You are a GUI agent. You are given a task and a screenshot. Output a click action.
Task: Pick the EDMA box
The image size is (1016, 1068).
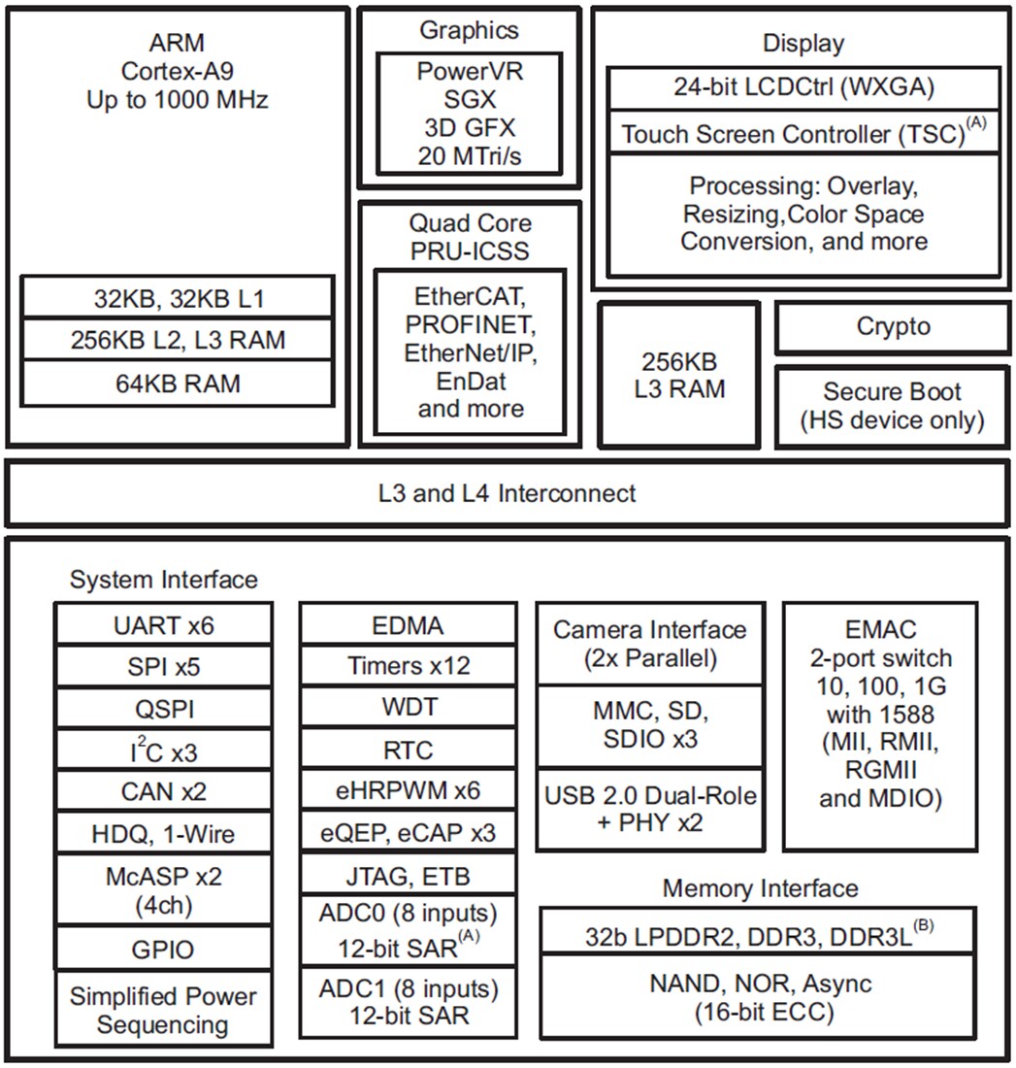[x=408, y=624]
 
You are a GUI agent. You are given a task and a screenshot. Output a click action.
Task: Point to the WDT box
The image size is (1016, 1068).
[x=408, y=707]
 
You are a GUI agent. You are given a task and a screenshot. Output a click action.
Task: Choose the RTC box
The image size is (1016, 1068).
[x=408, y=750]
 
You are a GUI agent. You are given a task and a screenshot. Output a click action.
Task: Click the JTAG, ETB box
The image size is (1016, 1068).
[x=408, y=876]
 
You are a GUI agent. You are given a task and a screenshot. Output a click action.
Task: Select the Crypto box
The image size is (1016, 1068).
[x=893, y=327]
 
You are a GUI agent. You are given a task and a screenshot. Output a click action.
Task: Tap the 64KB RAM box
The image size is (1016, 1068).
[x=179, y=384]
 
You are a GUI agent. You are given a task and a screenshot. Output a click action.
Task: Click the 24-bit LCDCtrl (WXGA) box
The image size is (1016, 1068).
[x=803, y=87]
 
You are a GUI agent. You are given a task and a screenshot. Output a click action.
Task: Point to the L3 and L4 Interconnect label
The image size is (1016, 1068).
[x=507, y=493]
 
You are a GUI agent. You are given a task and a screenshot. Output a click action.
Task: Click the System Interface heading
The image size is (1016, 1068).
[x=164, y=580]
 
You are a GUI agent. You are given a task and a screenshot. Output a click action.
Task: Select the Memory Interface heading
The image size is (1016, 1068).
[x=760, y=887]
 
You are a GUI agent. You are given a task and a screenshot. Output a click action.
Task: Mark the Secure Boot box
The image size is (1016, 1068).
[x=893, y=406]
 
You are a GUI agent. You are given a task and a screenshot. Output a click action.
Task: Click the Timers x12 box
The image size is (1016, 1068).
[x=408, y=665]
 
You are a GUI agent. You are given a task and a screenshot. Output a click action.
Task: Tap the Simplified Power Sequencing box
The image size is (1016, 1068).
[x=163, y=1010]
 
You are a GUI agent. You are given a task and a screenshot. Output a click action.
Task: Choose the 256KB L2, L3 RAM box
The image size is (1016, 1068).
[x=179, y=340]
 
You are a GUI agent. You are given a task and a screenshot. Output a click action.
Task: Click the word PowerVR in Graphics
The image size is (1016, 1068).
[x=469, y=71]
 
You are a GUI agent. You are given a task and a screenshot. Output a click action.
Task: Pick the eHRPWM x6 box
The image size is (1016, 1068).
[x=408, y=791]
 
